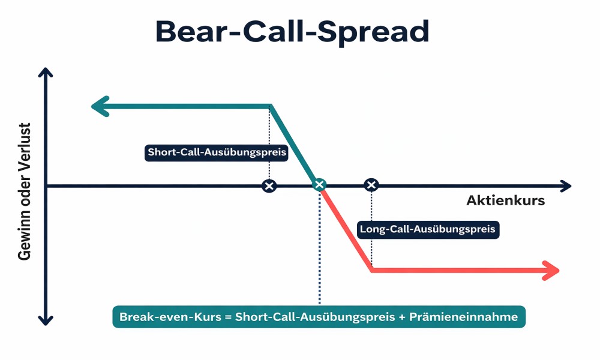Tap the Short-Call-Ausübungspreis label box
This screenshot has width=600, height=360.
coord(216,152)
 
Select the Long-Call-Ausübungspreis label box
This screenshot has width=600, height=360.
coord(428,230)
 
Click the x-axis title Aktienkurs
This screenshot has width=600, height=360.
coord(505,200)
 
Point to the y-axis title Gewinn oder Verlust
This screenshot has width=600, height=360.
coord(25,191)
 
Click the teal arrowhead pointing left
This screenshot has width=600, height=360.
coord(101,106)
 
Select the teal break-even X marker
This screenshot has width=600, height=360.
coord(319,185)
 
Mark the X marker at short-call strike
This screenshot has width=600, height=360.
coord(269,186)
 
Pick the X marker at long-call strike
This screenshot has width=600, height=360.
coord(371,185)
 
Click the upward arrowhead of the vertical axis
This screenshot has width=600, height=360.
coord(46,73)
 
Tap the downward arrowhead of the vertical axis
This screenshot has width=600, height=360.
coord(46,320)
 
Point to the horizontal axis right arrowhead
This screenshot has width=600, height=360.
coord(566,187)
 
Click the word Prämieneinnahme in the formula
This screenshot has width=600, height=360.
coord(463,317)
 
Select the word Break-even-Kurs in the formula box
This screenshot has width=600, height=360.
coord(170,317)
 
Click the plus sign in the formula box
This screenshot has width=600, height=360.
coord(402,317)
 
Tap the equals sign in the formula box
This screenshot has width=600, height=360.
coord(228,317)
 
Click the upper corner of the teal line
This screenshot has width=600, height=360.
coord(270,106)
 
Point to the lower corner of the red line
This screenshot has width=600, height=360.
coord(371,271)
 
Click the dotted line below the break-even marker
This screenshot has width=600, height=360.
coord(320,248)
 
